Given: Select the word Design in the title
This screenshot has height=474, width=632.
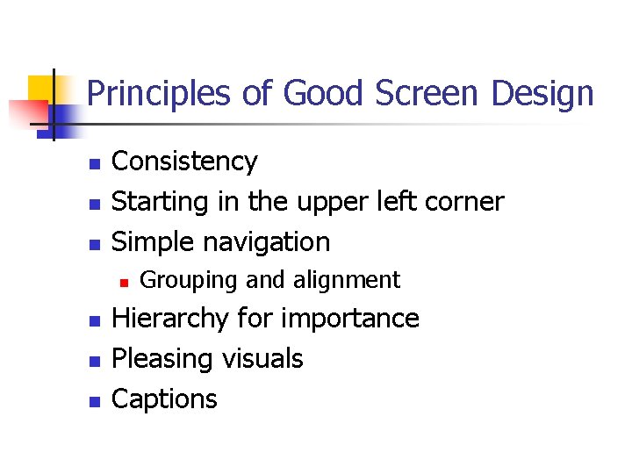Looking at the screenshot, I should click(x=543, y=93).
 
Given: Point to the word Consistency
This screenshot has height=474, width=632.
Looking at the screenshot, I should click(x=184, y=162).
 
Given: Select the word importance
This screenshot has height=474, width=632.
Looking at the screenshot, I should click(x=355, y=319).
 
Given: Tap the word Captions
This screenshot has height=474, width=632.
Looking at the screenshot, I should click(x=164, y=399).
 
